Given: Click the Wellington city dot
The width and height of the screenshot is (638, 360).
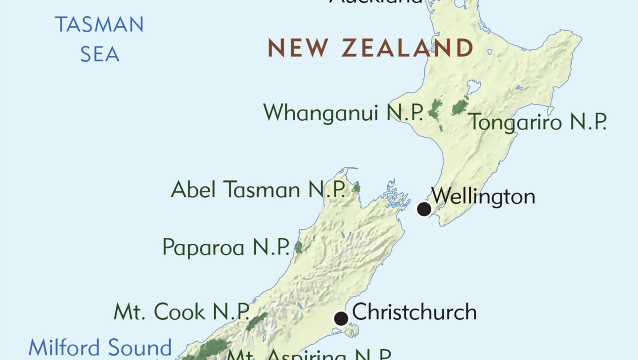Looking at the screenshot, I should pos(424,209).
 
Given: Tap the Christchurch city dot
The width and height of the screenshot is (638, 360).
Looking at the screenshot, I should pos(341,318).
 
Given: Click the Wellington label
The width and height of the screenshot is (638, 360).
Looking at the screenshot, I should pos(483,196).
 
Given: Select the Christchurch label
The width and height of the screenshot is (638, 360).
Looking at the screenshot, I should pos(414,312).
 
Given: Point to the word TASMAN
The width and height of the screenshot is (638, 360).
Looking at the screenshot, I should pos(99,25).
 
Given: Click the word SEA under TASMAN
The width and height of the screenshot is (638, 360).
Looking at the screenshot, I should pos(100,54).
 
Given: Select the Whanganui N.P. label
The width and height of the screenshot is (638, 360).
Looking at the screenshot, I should pos(343,113).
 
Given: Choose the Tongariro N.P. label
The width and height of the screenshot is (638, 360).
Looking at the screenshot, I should pos(538,122).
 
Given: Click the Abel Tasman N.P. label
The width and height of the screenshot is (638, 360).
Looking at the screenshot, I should pos(258,189).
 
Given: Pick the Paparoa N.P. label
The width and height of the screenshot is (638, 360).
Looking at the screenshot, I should pos(226,247).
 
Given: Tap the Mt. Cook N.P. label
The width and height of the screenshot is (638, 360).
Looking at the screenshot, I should pos(182,312).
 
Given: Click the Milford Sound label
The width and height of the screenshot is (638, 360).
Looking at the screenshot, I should pos(100,347).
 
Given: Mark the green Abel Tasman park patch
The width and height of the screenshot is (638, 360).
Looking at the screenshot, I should pos(356,187).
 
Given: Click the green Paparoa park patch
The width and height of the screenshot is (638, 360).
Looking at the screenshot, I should pos(298,247).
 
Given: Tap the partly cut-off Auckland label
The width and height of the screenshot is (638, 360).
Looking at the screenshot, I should pos(376,2).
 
